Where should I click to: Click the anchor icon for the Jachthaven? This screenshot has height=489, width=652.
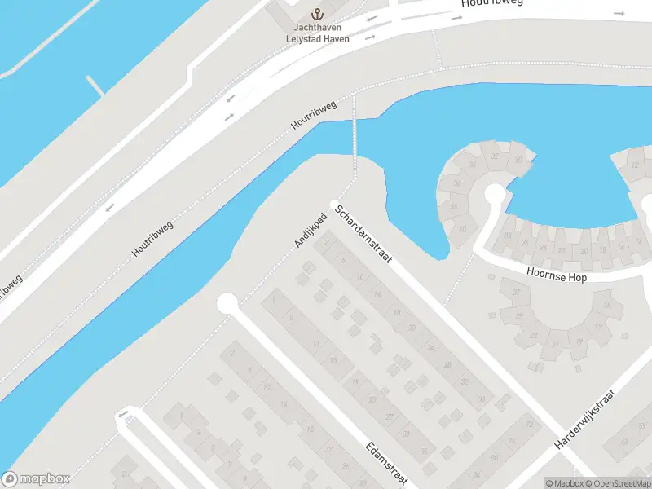point(318,14)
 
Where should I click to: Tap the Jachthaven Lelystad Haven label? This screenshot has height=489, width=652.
point(318,33)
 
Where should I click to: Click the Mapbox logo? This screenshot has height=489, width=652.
point(36,479)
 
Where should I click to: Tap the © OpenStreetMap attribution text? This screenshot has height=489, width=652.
point(619,483)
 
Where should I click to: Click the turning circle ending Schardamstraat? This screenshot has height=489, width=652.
point(333,204)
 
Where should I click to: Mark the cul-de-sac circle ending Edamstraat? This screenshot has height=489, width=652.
point(227,304)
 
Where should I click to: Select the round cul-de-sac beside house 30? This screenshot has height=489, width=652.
point(494,194)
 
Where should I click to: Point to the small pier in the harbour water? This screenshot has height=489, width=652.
point(95,85)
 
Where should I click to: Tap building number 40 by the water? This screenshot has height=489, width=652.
point(463,229)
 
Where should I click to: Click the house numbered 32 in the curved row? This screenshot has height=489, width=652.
point(494,156)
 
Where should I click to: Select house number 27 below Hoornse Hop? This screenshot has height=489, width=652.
point(515,292)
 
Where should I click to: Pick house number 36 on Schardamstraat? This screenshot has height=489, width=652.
point(482,399)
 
